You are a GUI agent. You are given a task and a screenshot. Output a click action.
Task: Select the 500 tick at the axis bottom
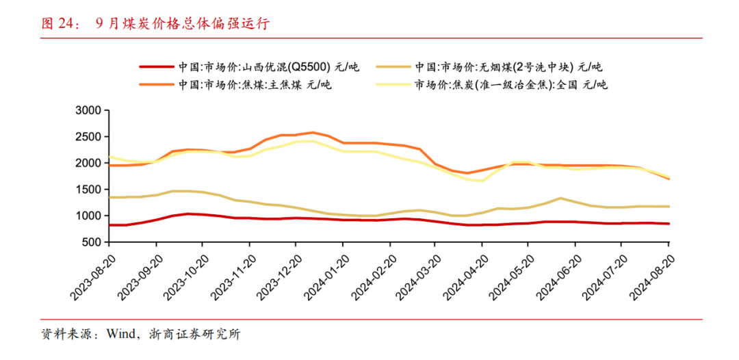[x=92, y=242]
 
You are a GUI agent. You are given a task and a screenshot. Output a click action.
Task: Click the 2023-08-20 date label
[x=90, y=274]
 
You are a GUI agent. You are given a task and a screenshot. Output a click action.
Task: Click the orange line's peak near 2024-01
[x=313, y=132]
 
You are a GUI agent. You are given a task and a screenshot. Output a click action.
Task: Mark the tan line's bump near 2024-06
[x=560, y=198]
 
